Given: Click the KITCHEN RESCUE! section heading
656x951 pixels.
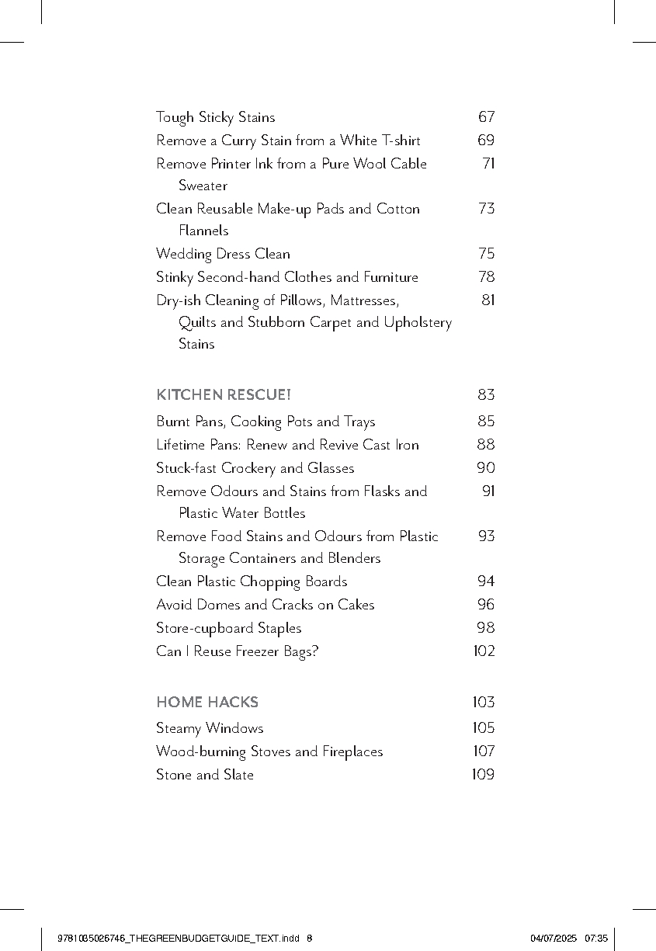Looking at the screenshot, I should pyautogui.click(x=224, y=395).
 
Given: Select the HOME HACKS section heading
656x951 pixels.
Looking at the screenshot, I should pyautogui.click(x=207, y=703).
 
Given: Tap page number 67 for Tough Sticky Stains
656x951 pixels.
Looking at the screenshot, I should pyautogui.click(x=486, y=117).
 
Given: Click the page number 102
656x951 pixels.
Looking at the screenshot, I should pyautogui.click(x=484, y=651).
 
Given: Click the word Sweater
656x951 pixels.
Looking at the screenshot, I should pyautogui.click(x=203, y=186).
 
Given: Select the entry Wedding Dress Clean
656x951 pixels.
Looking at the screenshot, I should pyautogui.click(x=223, y=254).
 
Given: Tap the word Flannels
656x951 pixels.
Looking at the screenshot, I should pyautogui.click(x=203, y=231).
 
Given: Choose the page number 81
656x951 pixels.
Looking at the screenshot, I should pyautogui.click(x=488, y=300).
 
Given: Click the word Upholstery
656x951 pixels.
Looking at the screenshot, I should pyautogui.click(x=418, y=322).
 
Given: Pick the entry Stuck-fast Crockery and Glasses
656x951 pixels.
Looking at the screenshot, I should pyautogui.click(x=255, y=468).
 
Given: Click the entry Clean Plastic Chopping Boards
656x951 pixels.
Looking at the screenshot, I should pyautogui.click(x=252, y=581).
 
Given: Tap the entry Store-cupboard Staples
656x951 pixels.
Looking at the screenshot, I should pyautogui.click(x=228, y=628).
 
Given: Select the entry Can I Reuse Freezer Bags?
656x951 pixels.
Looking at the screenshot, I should pyautogui.click(x=237, y=651).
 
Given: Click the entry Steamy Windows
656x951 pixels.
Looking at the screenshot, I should pyautogui.click(x=210, y=728).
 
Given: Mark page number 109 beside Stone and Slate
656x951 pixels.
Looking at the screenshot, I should pyautogui.click(x=483, y=775).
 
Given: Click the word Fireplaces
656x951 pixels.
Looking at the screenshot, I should pyautogui.click(x=352, y=751).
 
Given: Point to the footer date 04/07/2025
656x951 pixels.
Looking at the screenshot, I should pyautogui.click(x=554, y=938).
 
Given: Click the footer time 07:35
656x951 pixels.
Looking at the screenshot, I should pyautogui.click(x=596, y=938).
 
